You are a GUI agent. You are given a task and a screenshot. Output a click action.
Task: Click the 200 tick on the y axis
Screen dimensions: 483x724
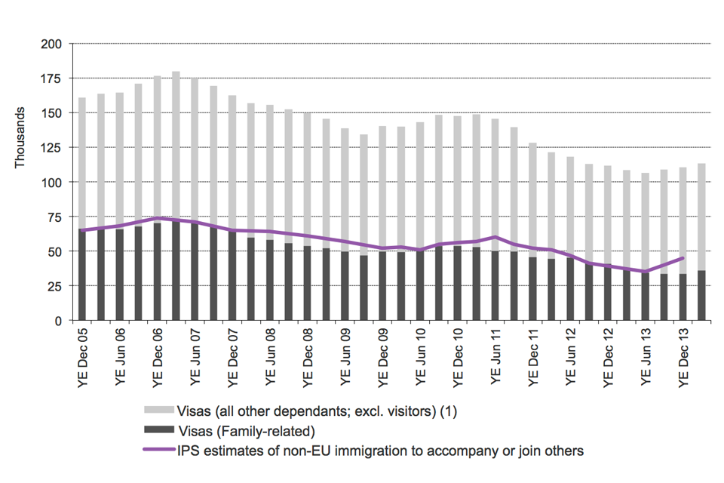[52, 44]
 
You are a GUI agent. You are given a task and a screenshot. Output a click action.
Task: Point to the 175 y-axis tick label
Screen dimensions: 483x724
[52, 78]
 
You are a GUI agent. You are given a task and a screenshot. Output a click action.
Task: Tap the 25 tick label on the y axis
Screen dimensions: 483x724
[55, 286]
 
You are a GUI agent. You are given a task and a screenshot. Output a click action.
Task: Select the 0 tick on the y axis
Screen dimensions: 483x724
[58, 321]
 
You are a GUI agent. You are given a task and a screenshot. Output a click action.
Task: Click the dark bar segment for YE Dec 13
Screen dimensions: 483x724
[683, 297]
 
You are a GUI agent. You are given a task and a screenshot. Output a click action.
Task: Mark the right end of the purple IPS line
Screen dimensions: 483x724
[683, 258]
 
